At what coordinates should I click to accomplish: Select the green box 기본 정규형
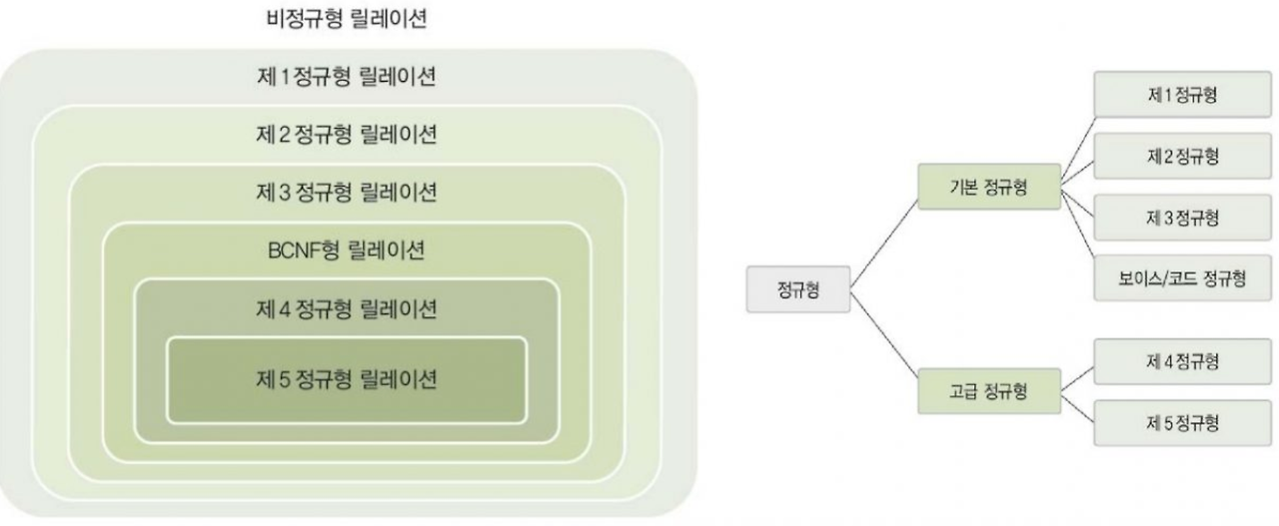pos(988,187)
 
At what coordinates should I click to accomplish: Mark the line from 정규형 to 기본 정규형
pos(881,240)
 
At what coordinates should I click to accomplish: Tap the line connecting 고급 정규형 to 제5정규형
pos(1077,408)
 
